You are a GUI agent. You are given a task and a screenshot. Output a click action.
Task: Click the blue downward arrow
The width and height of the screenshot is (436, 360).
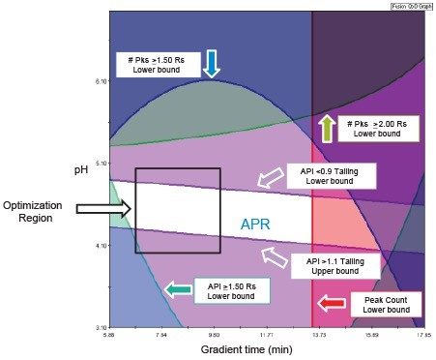point(212,64)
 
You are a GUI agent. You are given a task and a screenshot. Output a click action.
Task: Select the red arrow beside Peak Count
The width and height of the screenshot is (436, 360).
point(332,306)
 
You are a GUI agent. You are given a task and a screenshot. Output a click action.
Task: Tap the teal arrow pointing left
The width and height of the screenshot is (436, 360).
point(178,287)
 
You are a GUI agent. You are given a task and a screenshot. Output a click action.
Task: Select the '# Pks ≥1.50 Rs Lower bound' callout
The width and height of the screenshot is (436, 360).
point(162,65)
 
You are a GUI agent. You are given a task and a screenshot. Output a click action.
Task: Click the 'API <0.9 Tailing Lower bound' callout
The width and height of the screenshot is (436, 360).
point(332,175)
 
